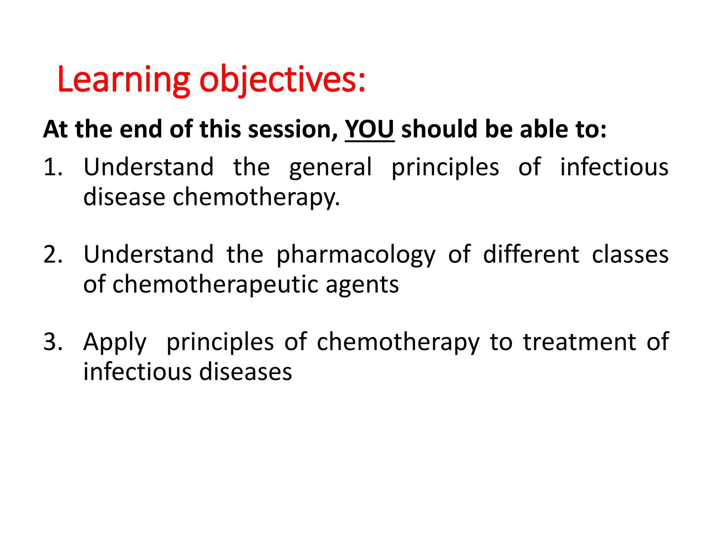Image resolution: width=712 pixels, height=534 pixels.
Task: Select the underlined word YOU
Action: pyautogui.click(x=369, y=129)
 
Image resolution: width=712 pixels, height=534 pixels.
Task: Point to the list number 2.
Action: pyautogui.click(x=53, y=254)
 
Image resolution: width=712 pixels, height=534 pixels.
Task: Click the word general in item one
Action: pyautogui.click(x=331, y=168)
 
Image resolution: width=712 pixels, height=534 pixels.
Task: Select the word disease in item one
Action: pyautogui.click(x=124, y=197)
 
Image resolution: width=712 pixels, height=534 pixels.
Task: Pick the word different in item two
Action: pyautogui.click(x=531, y=254)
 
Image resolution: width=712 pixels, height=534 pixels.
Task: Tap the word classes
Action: pyautogui.click(x=630, y=254)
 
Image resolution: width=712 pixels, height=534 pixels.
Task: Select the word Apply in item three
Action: pyautogui.click(x=115, y=343)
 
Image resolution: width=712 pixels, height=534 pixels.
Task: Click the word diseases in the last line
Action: pyautogui.click(x=245, y=372)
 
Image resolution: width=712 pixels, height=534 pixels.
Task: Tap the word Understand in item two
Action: pyautogui.click(x=148, y=254)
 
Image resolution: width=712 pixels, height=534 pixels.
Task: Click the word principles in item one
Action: pyautogui.click(x=445, y=168)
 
